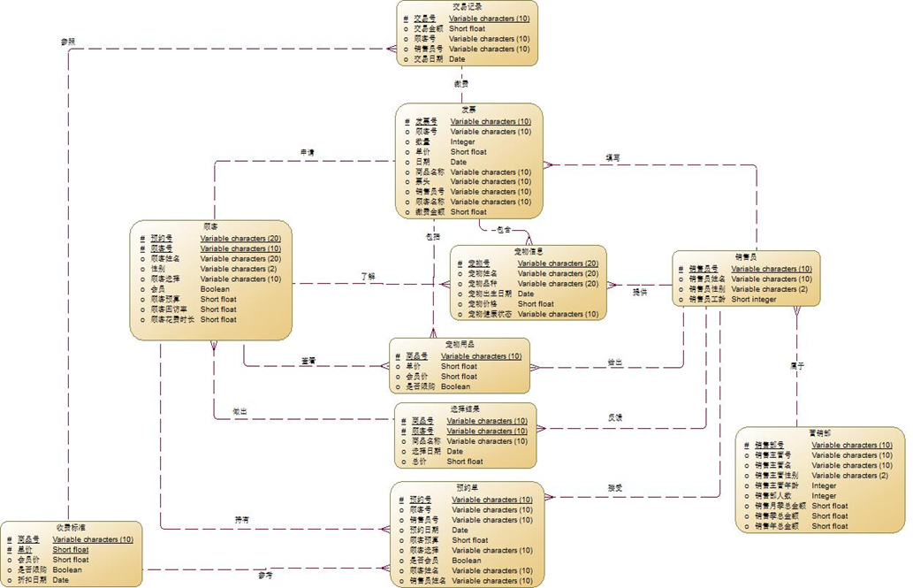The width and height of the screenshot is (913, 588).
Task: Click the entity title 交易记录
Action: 467,6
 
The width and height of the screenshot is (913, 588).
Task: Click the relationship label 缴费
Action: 460,83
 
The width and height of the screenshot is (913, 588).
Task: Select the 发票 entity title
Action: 468,110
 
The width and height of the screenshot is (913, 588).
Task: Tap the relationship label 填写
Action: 612,157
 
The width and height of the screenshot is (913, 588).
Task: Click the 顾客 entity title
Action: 210,227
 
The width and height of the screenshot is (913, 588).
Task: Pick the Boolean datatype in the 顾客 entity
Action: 215,289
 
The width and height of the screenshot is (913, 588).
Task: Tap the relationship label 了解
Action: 368,277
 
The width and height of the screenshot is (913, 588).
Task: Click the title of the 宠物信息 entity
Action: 529,252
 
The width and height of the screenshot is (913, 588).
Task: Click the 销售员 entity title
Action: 745,257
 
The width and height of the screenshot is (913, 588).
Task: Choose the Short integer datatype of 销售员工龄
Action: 753,300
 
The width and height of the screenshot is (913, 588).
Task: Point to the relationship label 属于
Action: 796,364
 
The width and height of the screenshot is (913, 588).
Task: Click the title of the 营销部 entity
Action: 819,434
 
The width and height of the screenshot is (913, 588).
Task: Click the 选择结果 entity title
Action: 464,409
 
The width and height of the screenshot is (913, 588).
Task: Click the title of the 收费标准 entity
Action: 71,528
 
